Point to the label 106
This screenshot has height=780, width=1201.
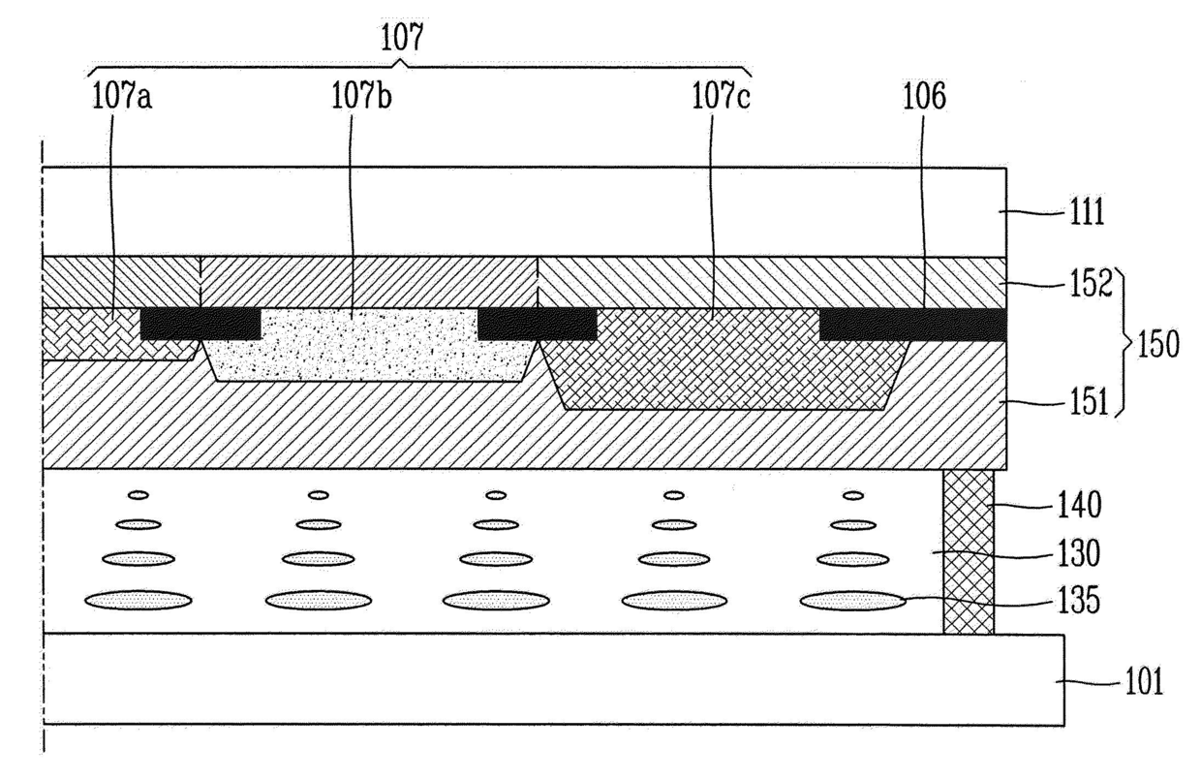[924, 96]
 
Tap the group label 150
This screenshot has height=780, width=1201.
[1158, 346]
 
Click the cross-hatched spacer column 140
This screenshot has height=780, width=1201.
[969, 552]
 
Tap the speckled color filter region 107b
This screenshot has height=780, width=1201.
[368, 344]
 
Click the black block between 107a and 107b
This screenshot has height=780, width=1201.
[200, 324]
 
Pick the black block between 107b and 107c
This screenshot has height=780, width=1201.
[537, 324]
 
